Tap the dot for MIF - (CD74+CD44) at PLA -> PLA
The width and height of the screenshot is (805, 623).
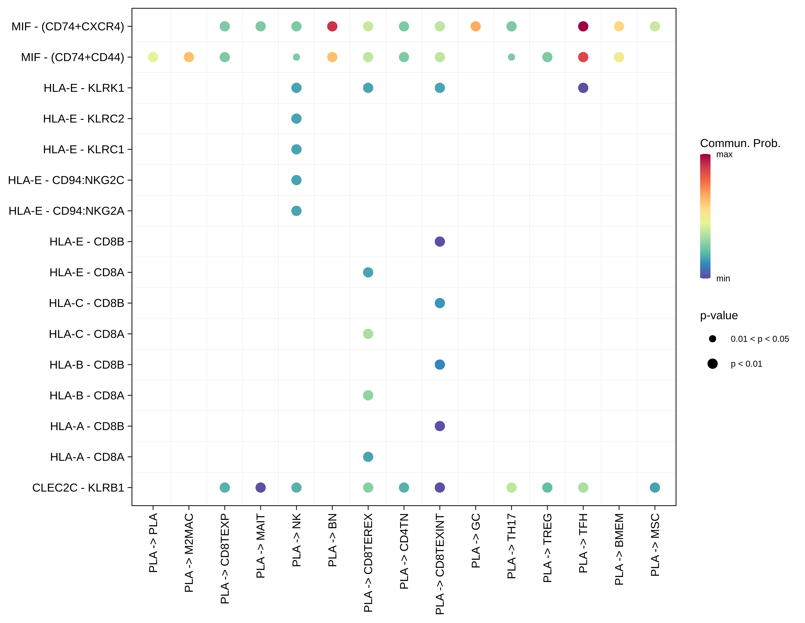153,57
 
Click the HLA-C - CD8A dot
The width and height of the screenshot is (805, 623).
368,334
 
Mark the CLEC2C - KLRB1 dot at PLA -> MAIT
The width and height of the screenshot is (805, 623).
261,487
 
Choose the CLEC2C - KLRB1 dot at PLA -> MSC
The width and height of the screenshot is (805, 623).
655,487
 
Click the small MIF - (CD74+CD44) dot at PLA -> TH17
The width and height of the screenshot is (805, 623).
511,57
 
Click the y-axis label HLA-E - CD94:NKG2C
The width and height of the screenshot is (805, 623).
66,180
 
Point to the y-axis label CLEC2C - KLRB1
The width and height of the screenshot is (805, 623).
78,487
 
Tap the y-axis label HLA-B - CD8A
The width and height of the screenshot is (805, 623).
87,395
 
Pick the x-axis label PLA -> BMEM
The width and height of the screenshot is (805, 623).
619,549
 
